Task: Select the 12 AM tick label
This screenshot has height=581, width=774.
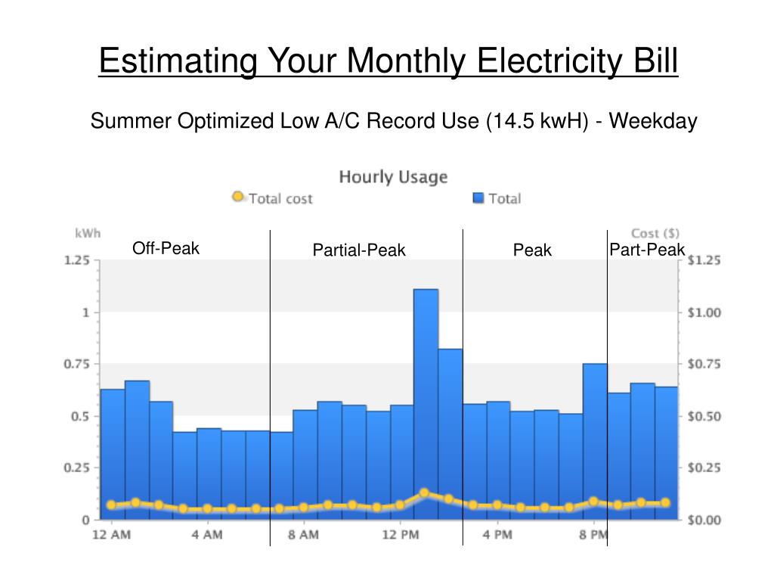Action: (111, 536)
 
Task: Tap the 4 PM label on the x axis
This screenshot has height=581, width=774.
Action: (497, 536)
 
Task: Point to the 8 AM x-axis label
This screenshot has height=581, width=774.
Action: (303, 536)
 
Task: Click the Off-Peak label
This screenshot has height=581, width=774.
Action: (166, 248)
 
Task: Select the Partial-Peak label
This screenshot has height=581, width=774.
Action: (359, 250)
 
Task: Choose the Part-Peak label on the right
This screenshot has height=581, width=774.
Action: (647, 250)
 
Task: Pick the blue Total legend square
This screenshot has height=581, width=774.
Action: (478, 198)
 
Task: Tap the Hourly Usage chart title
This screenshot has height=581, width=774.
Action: (393, 178)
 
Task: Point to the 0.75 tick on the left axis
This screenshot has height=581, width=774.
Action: (76, 364)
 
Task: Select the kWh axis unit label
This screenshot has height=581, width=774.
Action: (88, 233)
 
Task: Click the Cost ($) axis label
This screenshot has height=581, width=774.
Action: (655, 233)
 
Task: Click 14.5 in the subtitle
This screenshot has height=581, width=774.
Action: (512, 121)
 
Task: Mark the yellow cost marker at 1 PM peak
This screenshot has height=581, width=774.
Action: (424, 492)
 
